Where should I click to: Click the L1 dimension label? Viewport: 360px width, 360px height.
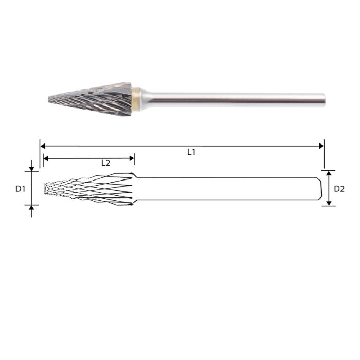(x=191, y=152)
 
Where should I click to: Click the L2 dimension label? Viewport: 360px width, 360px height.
(x=105, y=163)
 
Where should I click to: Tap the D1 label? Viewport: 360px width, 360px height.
(x=20, y=189)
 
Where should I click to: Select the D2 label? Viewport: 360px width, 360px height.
(x=339, y=189)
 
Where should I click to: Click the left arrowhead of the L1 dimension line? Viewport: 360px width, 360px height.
(x=43, y=146)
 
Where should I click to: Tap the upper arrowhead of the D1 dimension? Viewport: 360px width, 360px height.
(x=31, y=169)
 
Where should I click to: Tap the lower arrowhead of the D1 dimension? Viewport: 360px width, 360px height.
(x=31, y=207)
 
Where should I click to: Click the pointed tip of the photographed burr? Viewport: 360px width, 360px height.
(x=49, y=99)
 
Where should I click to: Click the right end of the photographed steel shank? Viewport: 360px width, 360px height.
(x=323, y=98)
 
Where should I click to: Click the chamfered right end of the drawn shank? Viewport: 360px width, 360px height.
(x=319, y=188)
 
